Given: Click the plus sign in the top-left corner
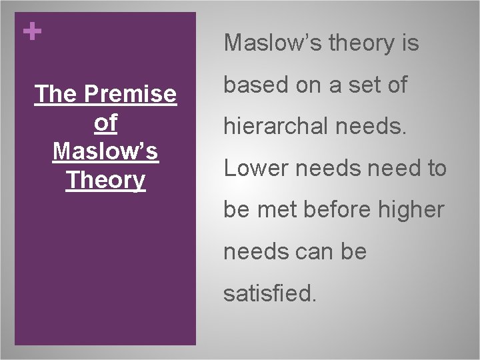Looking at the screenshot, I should (x=30, y=31).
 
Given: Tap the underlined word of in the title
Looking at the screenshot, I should (x=105, y=123).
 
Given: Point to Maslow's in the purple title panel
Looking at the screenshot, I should (x=105, y=151).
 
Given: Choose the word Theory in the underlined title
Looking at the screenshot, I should (x=105, y=179).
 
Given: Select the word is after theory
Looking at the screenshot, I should (x=409, y=43).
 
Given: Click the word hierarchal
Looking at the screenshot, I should (x=275, y=127).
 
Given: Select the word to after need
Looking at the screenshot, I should (x=435, y=169).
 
